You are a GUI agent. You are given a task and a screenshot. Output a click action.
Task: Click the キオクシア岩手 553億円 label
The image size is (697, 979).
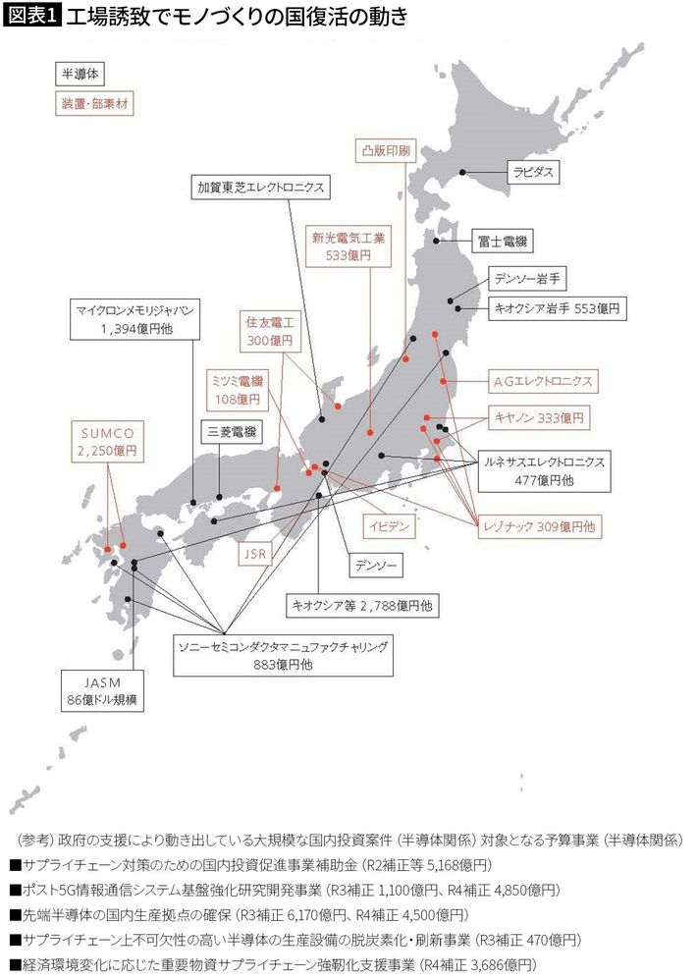pyautogui.click(x=556, y=307)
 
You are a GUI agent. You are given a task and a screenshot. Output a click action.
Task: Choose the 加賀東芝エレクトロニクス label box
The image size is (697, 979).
pyautogui.click(x=257, y=186)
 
